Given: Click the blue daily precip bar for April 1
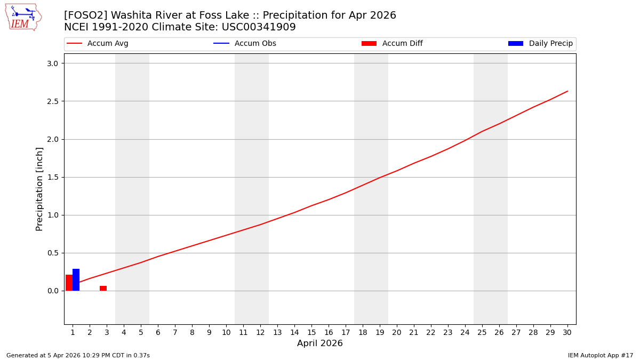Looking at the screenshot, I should pos(76,280).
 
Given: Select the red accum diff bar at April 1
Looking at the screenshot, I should pos(69,283).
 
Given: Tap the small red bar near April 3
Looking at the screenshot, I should pos(103,289).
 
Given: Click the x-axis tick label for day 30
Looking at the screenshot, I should pos(567,332).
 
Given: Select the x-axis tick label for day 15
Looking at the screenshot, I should pos(311,332).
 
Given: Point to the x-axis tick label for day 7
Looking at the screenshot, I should pos(175,332).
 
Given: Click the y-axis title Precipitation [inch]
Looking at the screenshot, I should pos(39,189).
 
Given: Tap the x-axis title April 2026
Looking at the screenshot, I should pos(319,343).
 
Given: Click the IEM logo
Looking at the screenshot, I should pos(23,17).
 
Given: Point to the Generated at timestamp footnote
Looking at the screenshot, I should pos(78,355).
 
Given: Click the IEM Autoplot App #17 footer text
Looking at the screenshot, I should pos(600,355).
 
